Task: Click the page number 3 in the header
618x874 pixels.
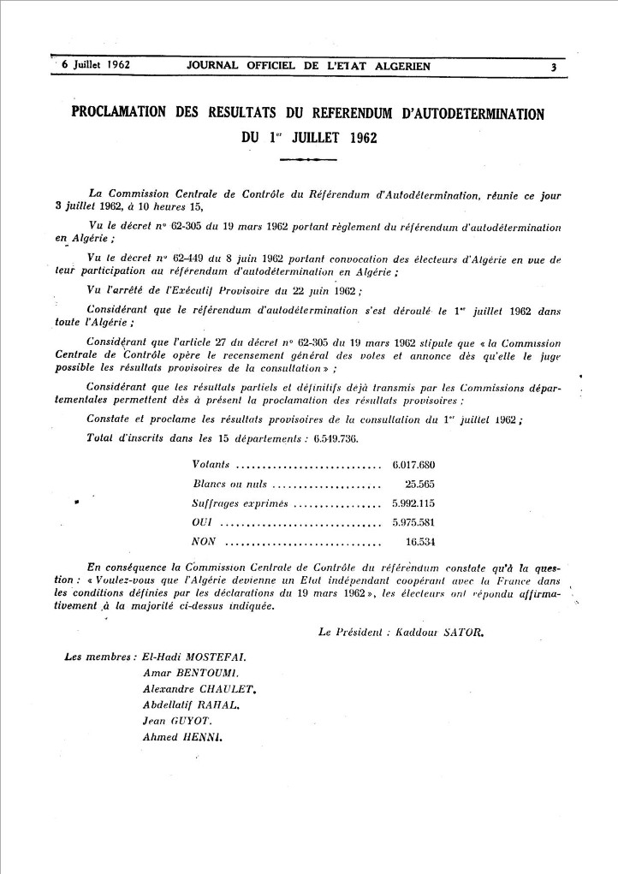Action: point(554,67)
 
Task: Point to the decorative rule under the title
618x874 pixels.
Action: point(308,159)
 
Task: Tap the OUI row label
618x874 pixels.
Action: point(203,521)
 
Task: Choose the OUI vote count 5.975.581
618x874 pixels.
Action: point(413,521)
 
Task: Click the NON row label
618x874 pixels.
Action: point(204,541)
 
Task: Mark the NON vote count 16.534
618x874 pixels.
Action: point(420,541)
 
